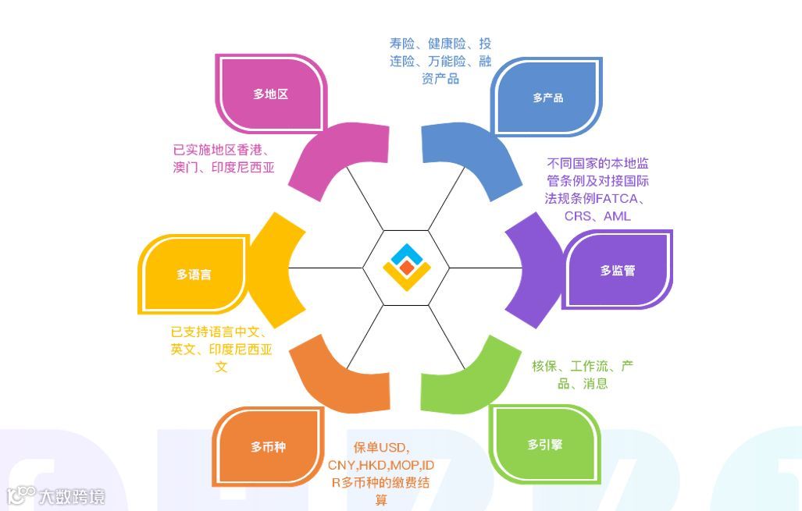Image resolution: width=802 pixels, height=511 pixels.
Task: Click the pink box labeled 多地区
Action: pyautogui.click(x=270, y=94)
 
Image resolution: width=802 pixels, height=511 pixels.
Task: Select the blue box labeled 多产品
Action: pyautogui.click(x=547, y=98)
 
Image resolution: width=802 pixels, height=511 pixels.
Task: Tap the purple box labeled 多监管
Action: pyautogui.click(x=617, y=271)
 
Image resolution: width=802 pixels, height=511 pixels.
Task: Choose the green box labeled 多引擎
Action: pyautogui.click(x=544, y=445)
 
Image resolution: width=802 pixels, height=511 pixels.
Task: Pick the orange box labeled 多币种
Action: pyautogui.click(x=268, y=447)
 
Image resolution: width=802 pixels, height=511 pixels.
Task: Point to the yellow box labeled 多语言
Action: pyautogui.click(x=193, y=275)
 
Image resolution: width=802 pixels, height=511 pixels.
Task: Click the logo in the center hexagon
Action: pyautogui.click(x=406, y=268)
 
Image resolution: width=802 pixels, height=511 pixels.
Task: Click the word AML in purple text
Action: pyautogui.click(x=617, y=216)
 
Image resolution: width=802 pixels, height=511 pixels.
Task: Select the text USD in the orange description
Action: pyautogui.click(x=393, y=447)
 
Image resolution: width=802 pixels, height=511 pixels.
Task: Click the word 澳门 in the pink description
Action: pyautogui.click(x=187, y=167)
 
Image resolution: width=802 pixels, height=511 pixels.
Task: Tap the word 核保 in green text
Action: pyautogui.click(x=544, y=366)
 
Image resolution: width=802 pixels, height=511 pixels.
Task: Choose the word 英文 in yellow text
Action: pyautogui.click(x=183, y=350)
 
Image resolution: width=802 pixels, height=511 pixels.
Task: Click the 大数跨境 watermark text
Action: pyautogui.click(x=72, y=496)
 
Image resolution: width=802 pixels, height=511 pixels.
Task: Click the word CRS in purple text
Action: pyautogui.click(x=578, y=216)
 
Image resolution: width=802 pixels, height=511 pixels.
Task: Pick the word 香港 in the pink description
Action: pyautogui.click(x=249, y=149)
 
